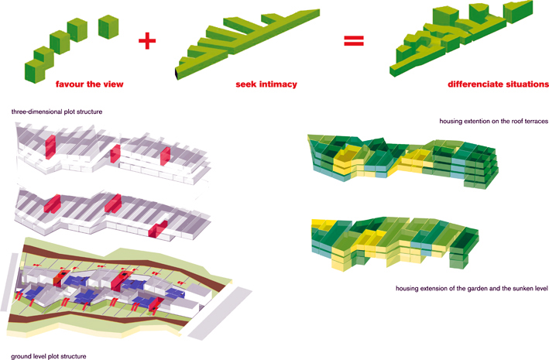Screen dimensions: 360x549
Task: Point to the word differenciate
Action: (x=476, y=84)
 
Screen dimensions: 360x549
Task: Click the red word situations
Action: (x=527, y=84)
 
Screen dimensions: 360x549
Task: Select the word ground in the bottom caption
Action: (x=22, y=356)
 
